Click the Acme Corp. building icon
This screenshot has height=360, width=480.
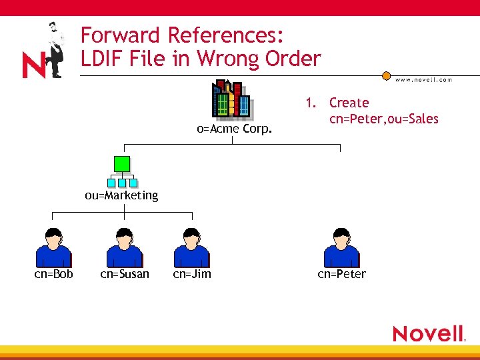231,100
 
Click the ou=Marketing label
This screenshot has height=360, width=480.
121,195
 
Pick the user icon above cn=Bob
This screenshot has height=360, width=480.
53,247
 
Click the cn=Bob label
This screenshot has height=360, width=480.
54,274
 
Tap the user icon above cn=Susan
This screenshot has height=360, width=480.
125,247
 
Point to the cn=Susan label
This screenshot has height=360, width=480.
125,274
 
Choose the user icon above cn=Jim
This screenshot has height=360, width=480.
191,247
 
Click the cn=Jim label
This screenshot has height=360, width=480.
192,274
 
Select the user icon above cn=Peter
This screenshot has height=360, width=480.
341,247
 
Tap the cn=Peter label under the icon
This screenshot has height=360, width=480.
341,274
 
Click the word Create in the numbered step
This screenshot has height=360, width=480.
349,103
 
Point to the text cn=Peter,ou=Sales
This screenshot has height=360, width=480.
384,119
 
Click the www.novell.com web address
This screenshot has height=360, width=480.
423,79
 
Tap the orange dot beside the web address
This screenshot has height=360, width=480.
386,77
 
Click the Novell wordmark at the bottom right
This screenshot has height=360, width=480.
428,333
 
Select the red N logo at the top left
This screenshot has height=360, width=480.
33,65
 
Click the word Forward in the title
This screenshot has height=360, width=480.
121,35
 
